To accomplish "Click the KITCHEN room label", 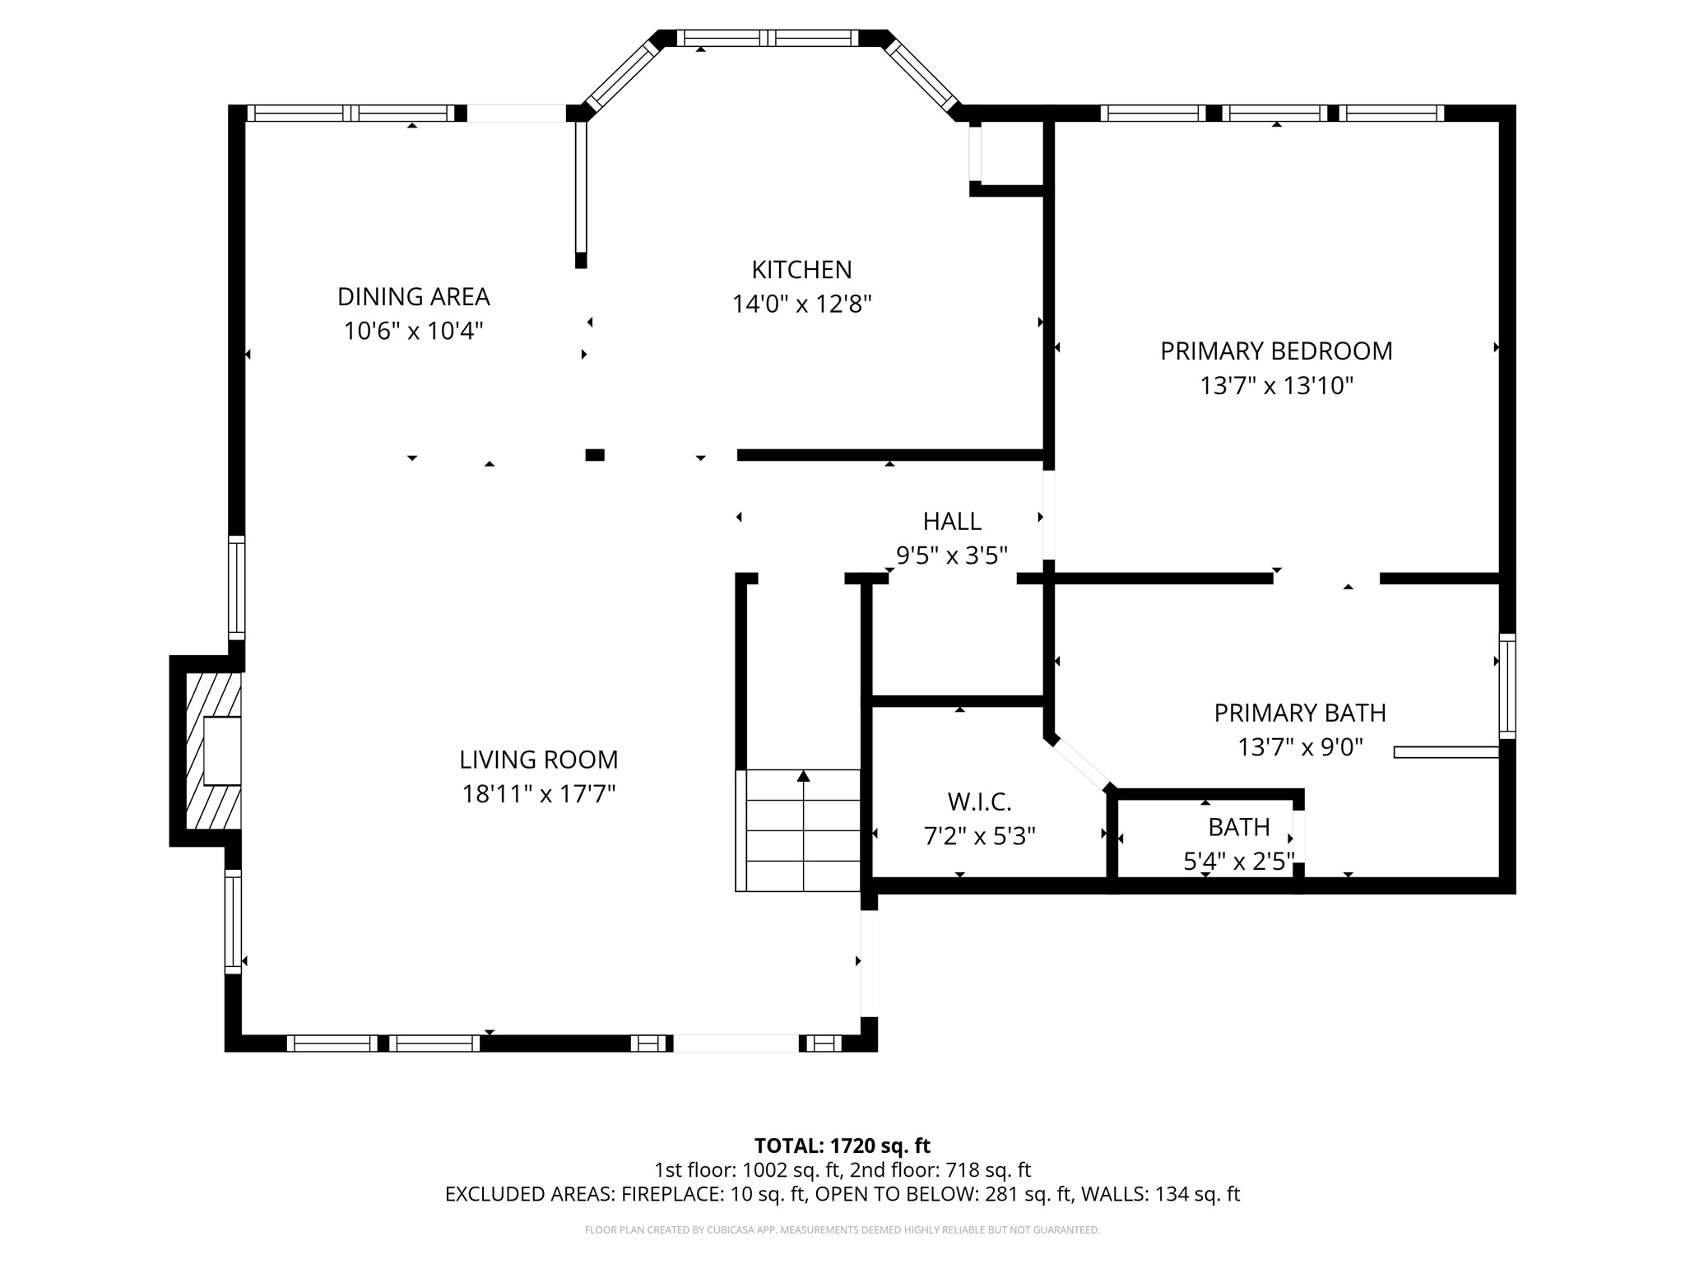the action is [x=801, y=270].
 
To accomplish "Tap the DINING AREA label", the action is [x=413, y=296].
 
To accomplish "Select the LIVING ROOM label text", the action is [x=538, y=760].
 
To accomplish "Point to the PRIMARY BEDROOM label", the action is [x=1276, y=351].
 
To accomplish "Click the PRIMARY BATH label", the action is [x=1300, y=713].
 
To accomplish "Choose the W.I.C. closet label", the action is [x=979, y=802].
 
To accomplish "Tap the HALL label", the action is [x=952, y=522].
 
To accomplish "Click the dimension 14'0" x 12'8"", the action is [x=801, y=304].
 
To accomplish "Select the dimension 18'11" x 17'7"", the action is [x=538, y=794].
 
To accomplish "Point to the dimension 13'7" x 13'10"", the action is [x=1276, y=386].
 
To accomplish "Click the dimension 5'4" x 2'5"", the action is [x=1238, y=862].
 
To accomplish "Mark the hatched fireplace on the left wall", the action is [x=213, y=750].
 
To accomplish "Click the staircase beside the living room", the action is [x=798, y=830].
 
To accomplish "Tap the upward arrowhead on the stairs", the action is [x=804, y=775].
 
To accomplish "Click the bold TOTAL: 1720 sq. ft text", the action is [x=842, y=1145].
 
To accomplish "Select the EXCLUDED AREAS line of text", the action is [x=842, y=1194].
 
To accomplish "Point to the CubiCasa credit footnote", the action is [x=842, y=1230].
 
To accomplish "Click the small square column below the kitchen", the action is [x=595, y=455].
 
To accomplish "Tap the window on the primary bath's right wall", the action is [x=1507, y=686].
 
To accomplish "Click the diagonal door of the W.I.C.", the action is [x=1081, y=764].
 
